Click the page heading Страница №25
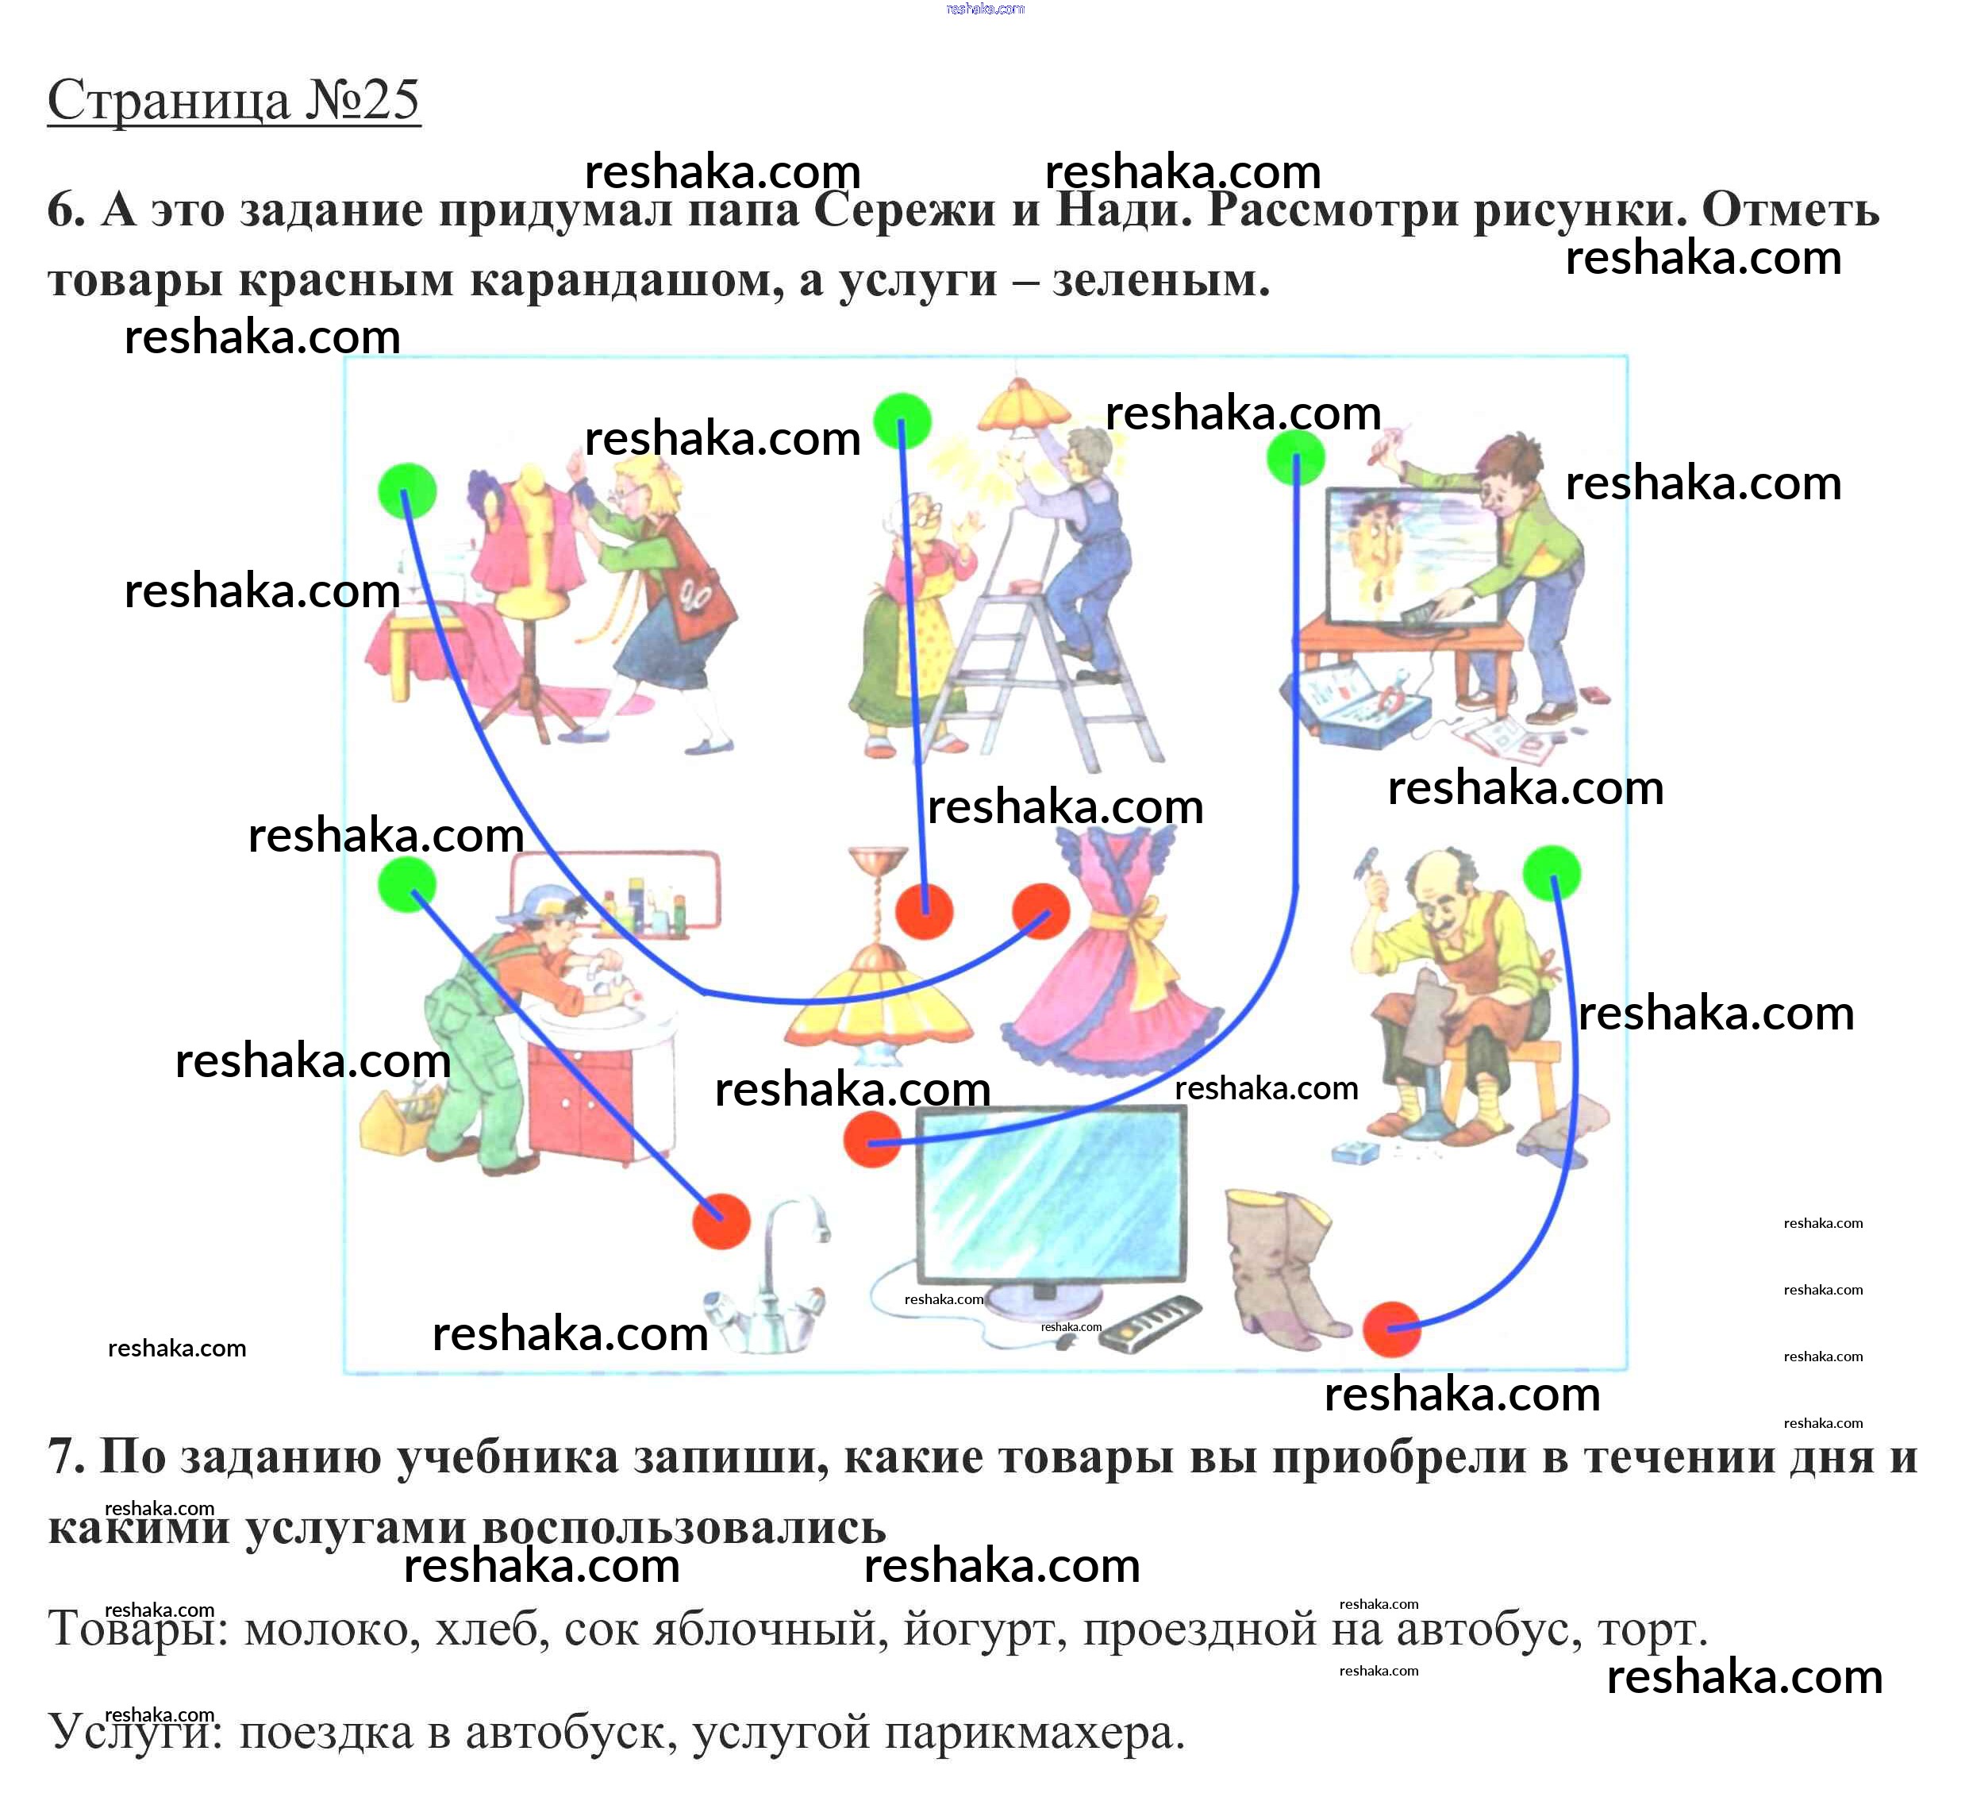[233, 101]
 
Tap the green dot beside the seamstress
[406, 491]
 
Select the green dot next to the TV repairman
[1294, 457]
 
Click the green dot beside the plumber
[406, 883]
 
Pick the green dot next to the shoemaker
[1552, 872]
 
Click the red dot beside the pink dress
[1040, 911]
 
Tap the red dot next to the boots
[1391, 1329]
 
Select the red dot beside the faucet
[721, 1222]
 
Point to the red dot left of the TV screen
[871, 1140]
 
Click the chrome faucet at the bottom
[778, 1280]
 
